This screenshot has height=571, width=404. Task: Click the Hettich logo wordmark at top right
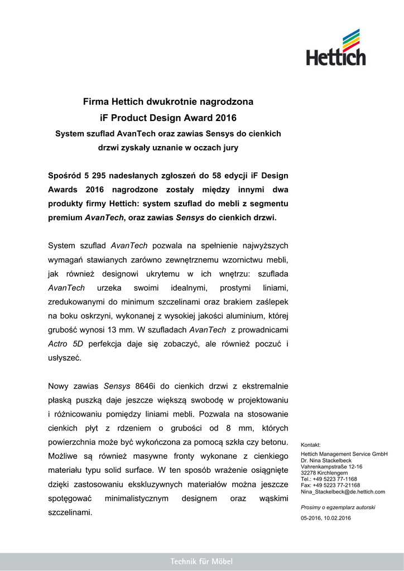coord(335,56)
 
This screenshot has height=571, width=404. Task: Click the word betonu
coord(275,443)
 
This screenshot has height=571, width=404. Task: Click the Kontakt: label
coord(311,445)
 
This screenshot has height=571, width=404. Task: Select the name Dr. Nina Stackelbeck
coord(326,461)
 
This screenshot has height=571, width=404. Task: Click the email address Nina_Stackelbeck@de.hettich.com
coord(343,492)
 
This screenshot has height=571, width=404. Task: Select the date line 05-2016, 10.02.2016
coord(326,519)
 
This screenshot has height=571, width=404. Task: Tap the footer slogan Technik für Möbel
coord(201,562)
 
